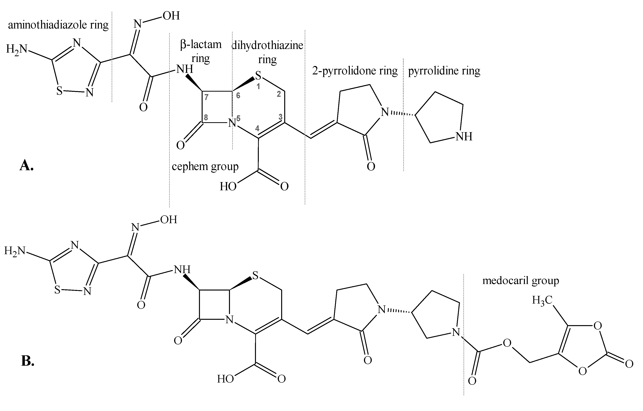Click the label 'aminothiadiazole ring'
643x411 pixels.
click(x=58, y=25)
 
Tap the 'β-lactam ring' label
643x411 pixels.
click(x=201, y=51)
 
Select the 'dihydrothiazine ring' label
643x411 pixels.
click(x=267, y=52)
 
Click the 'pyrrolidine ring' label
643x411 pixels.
click(x=444, y=71)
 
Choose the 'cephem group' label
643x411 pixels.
click(x=205, y=166)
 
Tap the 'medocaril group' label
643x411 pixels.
click(x=520, y=281)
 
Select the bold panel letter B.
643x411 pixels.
click(x=28, y=361)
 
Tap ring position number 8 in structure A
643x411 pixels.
click(x=206, y=117)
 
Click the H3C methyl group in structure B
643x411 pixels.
click(x=542, y=300)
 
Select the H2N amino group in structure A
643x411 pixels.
click(x=17, y=49)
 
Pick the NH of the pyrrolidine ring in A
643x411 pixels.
click(x=464, y=137)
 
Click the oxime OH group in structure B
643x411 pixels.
click(x=169, y=220)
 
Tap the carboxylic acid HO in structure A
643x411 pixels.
click(x=228, y=186)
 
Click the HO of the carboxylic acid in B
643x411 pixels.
click(x=225, y=379)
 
